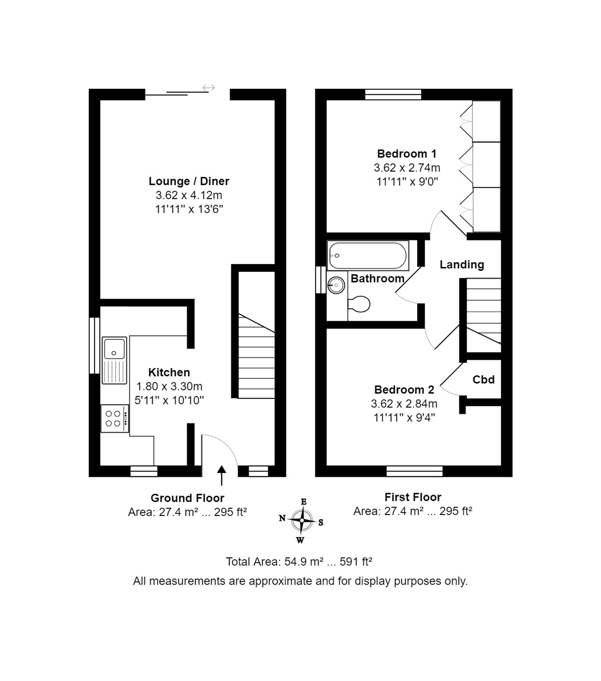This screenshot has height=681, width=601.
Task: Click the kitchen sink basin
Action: tap(114, 349)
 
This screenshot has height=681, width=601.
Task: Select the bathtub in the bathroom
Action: tap(368, 255)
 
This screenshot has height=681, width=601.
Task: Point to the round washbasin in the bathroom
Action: tap(336, 285)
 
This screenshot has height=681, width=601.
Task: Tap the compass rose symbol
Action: tap(301, 520)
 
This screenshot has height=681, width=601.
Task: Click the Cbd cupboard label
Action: tap(484, 380)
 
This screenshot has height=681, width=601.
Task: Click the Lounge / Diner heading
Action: tap(189, 181)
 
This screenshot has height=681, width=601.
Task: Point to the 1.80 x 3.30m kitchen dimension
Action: tap(169, 386)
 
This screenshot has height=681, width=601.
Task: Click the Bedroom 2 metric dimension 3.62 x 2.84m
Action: tap(404, 404)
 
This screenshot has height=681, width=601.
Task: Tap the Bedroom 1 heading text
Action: tap(407, 154)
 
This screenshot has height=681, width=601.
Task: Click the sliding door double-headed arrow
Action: tap(209, 88)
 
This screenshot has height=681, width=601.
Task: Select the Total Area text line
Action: tap(299, 562)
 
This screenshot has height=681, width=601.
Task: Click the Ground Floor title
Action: tap(187, 498)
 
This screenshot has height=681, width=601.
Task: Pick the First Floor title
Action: tap(413, 497)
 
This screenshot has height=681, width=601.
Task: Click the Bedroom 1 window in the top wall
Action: tap(393, 95)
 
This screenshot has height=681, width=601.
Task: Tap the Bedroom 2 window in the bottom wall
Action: tap(414, 471)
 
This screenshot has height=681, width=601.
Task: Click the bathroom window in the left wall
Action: tap(321, 279)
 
